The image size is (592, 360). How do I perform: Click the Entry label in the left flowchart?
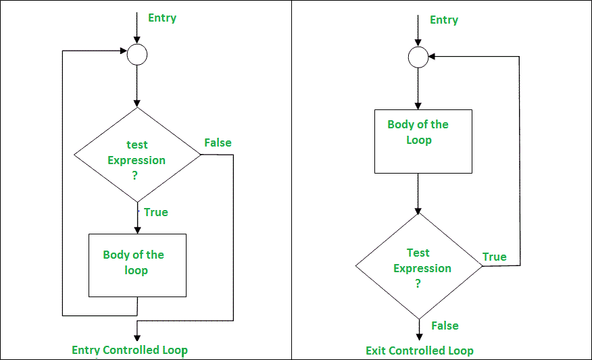click(162, 18)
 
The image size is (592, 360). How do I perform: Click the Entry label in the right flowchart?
click(443, 20)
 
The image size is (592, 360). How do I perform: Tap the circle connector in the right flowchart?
click(418, 57)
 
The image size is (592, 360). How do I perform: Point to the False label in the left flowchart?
click(218, 143)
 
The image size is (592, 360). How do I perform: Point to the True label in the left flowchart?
click(155, 212)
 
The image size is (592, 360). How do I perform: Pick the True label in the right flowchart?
click(494, 257)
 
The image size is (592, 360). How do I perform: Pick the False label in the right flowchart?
click(445, 326)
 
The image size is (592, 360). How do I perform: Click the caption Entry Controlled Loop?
click(130, 350)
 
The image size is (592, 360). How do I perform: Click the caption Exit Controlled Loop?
click(419, 351)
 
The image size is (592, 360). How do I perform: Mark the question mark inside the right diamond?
click(418, 284)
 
